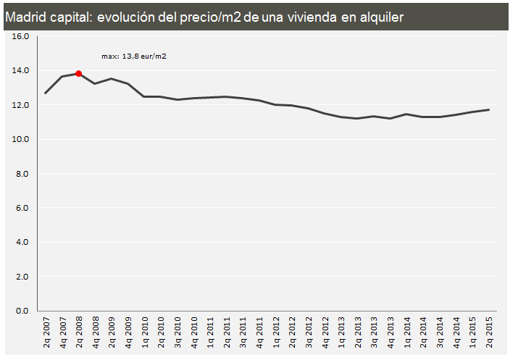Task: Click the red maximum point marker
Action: point(78,73)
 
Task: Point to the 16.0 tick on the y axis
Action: point(21,36)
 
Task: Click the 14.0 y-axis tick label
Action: point(21,70)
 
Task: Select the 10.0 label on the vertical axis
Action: point(21,139)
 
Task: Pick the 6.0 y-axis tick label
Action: point(21,208)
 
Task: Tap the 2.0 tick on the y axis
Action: point(21,277)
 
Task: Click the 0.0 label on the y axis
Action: point(21,311)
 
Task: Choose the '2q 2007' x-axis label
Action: point(46,332)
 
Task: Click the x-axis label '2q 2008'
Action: point(78,332)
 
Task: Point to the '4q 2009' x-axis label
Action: point(128,332)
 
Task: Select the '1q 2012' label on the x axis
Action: point(275,332)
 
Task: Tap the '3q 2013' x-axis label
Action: point(374,332)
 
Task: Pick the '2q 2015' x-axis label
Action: point(489,332)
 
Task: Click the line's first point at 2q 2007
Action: point(46,93)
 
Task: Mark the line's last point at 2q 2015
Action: point(489,110)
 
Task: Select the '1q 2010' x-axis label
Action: point(144,332)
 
